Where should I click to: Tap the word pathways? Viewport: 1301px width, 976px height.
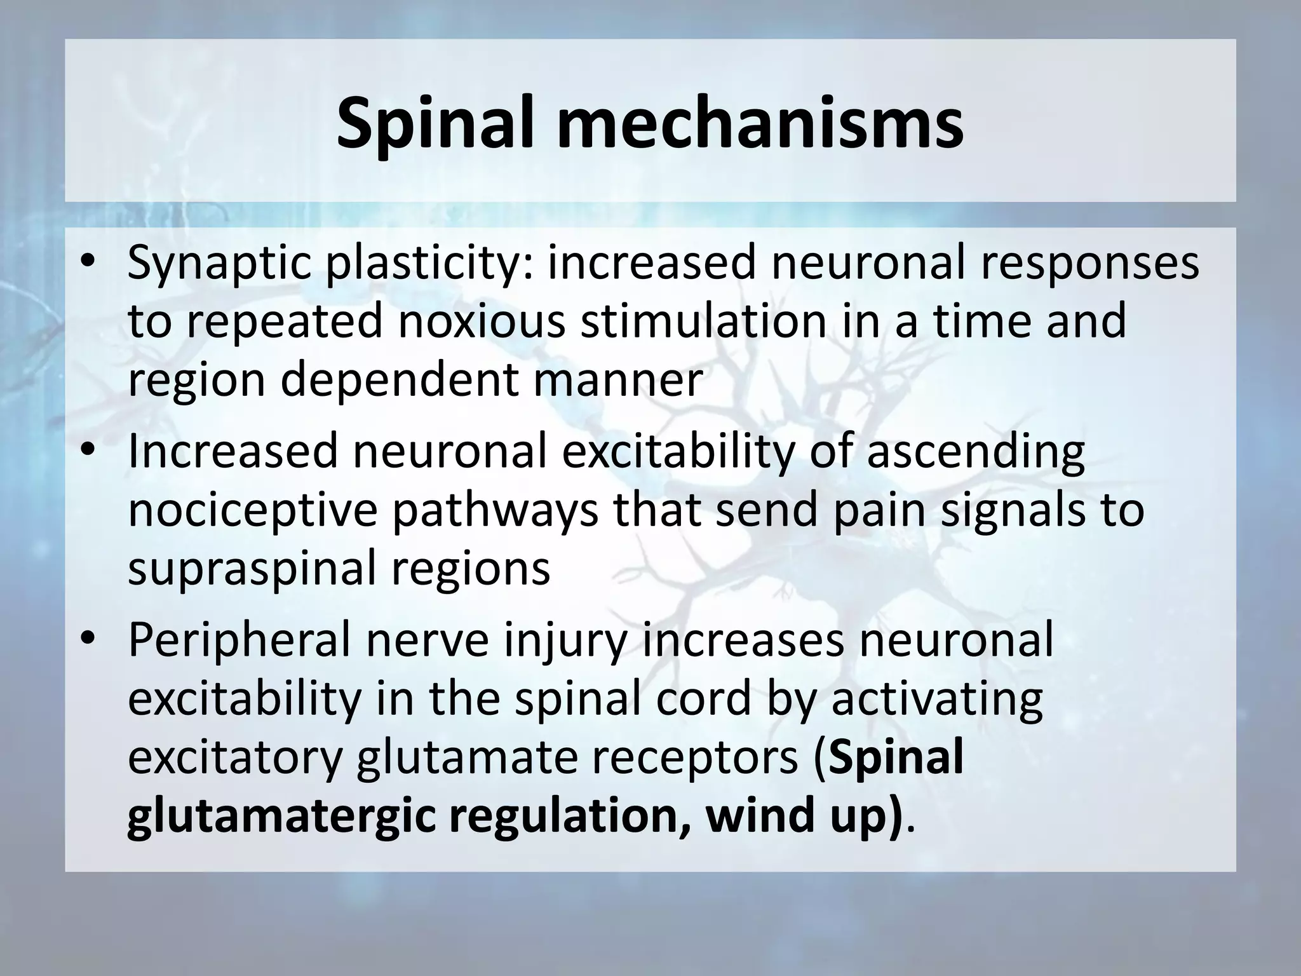pos(495,510)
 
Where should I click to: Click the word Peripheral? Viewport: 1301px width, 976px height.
pos(239,640)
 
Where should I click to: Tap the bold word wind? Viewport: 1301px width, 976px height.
pos(750,817)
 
